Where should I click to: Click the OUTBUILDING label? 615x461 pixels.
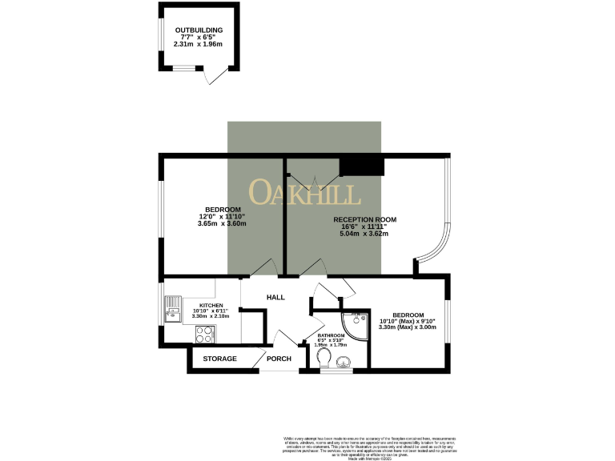click(x=199, y=30)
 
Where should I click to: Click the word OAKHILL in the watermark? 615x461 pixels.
click(x=304, y=192)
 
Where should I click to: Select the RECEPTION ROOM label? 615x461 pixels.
click(x=364, y=219)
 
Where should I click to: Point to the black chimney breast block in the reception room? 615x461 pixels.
click(x=362, y=166)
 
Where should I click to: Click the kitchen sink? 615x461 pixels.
click(x=174, y=309)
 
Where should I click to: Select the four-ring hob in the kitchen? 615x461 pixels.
click(x=205, y=335)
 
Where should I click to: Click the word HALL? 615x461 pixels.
click(x=275, y=297)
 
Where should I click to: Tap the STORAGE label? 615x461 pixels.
click(x=219, y=359)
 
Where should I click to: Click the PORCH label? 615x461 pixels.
click(x=279, y=359)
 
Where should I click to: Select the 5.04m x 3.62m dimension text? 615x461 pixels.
click(x=364, y=234)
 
